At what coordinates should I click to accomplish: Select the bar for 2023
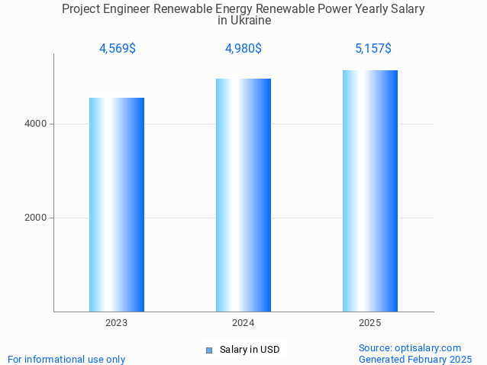pyautogui.click(x=117, y=205)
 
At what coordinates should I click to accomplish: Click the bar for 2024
pyautogui.click(x=243, y=195)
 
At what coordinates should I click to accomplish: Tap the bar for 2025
pyautogui.click(x=370, y=191)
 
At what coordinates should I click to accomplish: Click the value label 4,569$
pyautogui.click(x=117, y=49)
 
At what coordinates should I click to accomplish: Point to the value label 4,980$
pyautogui.click(x=243, y=49)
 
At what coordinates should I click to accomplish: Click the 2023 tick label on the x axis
pyautogui.click(x=117, y=323)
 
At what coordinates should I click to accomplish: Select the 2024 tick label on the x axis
pyautogui.click(x=243, y=323)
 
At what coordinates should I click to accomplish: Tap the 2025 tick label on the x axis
pyautogui.click(x=370, y=323)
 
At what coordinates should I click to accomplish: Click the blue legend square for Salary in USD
pyautogui.click(x=208, y=350)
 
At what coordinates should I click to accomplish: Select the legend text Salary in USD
pyautogui.click(x=250, y=350)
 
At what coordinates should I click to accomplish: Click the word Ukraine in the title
pyautogui.click(x=252, y=21)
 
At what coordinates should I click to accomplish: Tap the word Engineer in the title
pyautogui.click(x=127, y=8)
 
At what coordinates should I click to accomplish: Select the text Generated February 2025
pyautogui.click(x=415, y=359)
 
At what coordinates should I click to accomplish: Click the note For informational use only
pyautogui.click(x=66, y=359)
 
